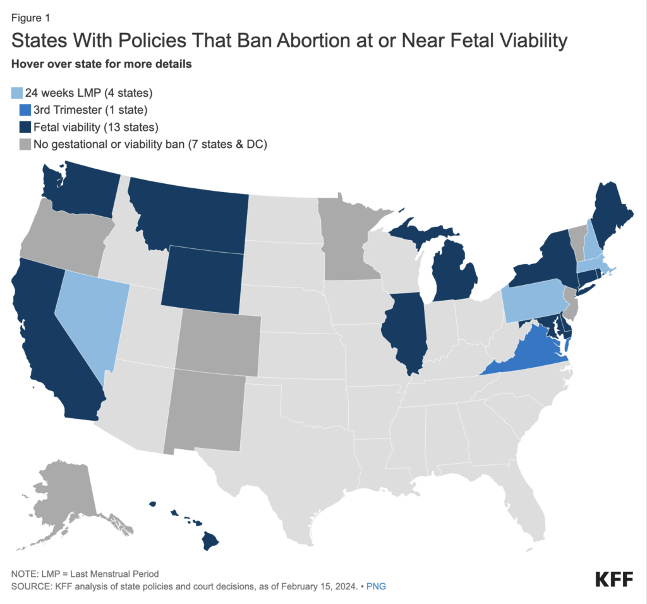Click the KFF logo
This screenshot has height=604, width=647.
615,579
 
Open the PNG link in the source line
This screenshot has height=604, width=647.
376,586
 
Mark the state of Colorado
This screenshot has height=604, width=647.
219,344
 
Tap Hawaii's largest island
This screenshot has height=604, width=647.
210,540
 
